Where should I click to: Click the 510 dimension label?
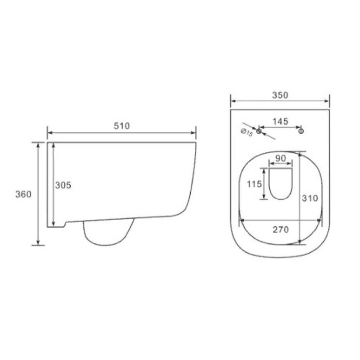coord(122,126)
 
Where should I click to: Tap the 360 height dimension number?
coord(23,194)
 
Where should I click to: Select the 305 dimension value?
coord(63,185)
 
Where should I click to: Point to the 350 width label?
coord(280,95)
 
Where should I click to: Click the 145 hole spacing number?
coord(280,122)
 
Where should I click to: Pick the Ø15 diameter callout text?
coord(246,132)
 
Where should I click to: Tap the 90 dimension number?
coord(280,158)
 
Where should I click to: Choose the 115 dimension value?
coord(254,184)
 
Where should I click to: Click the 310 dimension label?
coord(310,198)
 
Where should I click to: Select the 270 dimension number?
coord(280,229)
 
